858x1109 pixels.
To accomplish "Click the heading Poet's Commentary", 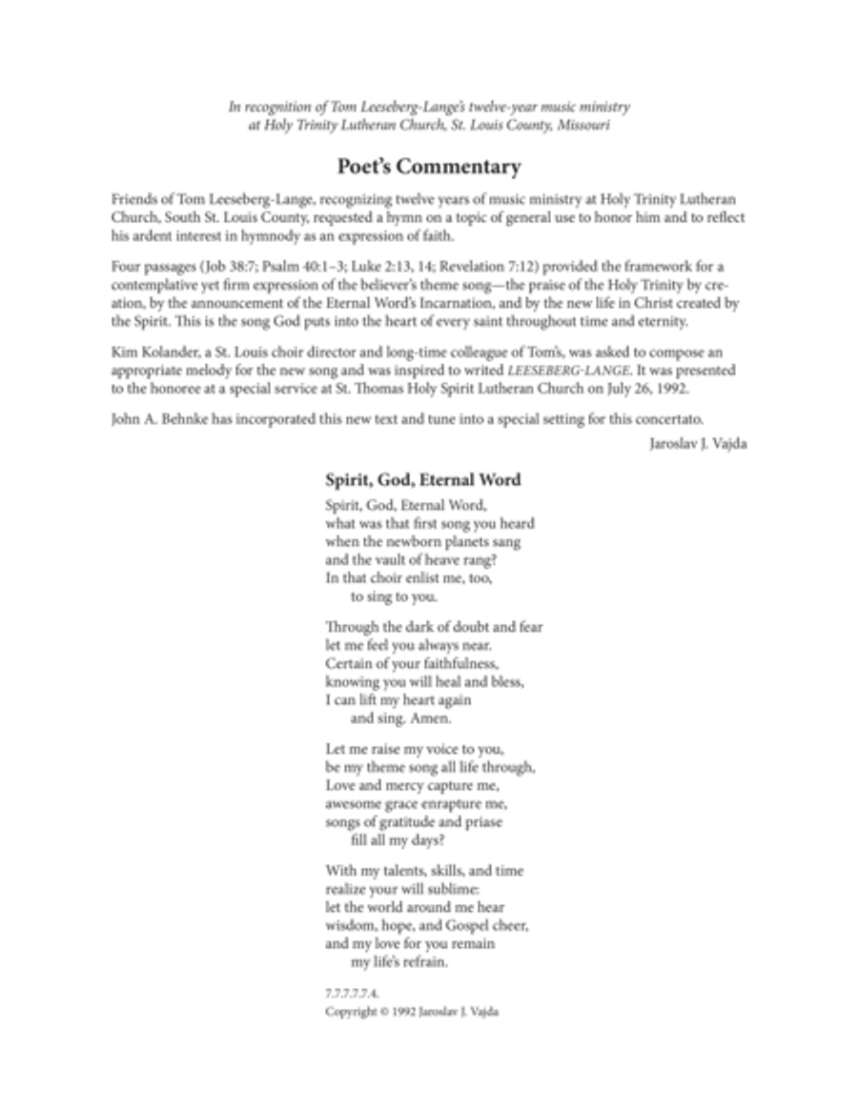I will (429, 167).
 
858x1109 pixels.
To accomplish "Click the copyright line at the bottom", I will (412, 1012).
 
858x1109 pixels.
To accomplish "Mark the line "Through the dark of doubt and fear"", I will (434, 627).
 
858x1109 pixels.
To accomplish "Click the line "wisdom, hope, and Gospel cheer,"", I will (426, 924).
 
